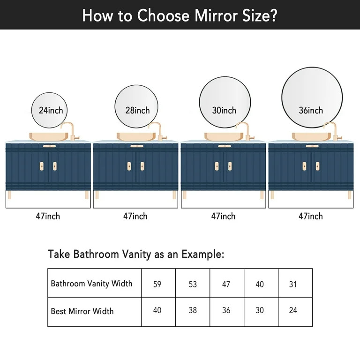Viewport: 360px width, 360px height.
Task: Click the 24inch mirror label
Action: [x=51, y=111]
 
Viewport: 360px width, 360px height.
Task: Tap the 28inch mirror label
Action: [x=137, y=111]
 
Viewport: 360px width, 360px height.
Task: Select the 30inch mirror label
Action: [x=224, y=111]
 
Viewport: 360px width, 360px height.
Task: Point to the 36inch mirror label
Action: [x=311, y=111]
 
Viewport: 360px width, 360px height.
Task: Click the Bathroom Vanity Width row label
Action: [x=91, y=284]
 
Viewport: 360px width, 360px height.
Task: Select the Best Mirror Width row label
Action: [x=82, y=311]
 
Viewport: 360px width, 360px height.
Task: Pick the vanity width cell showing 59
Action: [x=157, y=284]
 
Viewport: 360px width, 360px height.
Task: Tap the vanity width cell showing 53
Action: [x=193, y=284]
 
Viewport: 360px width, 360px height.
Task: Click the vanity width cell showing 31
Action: [x=293, y=284]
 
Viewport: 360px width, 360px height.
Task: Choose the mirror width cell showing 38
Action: [x=193, y=310]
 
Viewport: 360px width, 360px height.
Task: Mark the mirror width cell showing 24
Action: [x=293, y=310]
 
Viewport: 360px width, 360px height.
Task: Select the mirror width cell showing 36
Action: [x=226, y=310]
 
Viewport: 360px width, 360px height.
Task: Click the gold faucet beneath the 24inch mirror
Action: [x=70, y=131]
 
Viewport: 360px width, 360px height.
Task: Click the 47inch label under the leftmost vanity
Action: [x=48, y=216]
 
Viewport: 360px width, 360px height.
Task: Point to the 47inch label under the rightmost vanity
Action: [x=311, y=216]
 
